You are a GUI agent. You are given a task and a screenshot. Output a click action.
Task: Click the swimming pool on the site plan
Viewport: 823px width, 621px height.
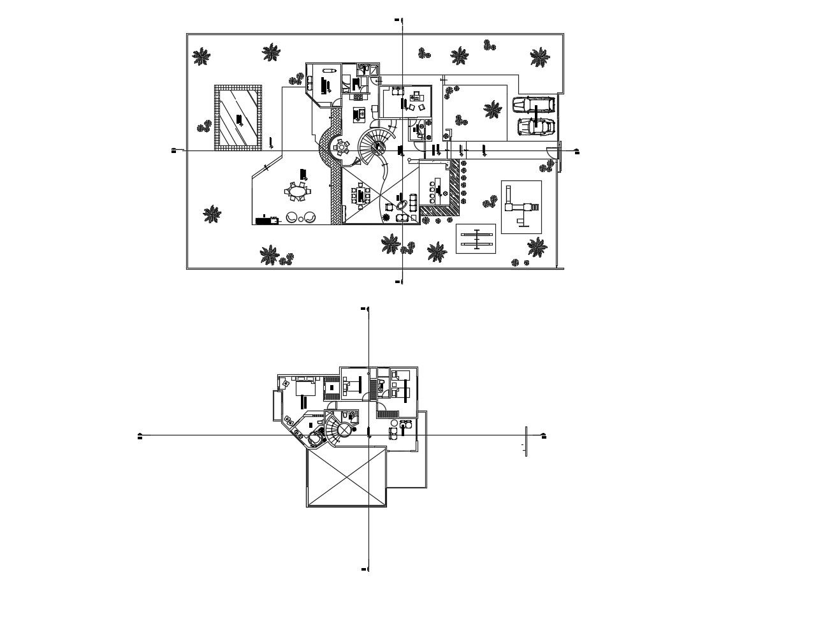tap(238, 117)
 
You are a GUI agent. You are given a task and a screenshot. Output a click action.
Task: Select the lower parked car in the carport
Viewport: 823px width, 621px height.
tap(535, 126)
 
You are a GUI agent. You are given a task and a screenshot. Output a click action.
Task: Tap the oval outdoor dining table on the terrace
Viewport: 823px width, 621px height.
tap(298, 191)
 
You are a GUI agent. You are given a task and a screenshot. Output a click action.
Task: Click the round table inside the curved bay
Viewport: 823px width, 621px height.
tap(341, 147)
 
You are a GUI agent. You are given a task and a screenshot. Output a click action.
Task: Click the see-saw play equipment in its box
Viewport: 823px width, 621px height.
tap(477, 239)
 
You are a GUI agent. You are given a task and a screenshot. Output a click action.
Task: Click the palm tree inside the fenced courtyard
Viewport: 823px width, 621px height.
tap(492, 110)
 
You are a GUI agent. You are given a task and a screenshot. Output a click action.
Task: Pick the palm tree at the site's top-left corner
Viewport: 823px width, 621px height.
tap(201, 57)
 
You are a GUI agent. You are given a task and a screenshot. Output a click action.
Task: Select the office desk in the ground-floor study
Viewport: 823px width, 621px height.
tap(416, 96)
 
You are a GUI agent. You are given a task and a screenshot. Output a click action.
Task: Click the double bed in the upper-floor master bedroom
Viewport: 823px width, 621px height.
tap(306, 388)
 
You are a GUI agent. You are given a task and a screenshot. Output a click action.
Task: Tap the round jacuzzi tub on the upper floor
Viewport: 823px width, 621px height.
tap(314, 439)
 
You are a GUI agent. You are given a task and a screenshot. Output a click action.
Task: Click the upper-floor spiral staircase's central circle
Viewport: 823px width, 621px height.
tap(344, 431)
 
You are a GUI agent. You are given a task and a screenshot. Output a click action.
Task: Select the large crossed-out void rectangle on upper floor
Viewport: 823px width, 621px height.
tap(347, 477)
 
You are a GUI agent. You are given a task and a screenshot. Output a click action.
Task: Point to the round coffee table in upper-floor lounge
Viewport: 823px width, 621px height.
tap(394, 423)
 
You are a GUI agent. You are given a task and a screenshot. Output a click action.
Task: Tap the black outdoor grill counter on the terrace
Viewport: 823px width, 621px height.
tap(266, 221)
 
